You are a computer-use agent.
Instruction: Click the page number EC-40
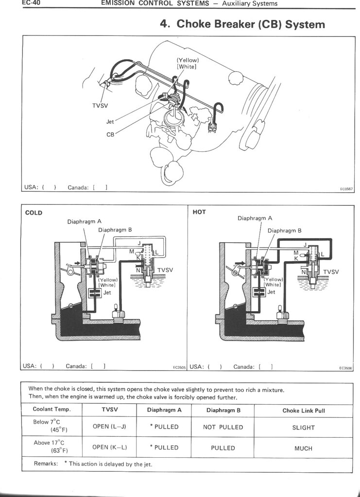click(x=30, y=3)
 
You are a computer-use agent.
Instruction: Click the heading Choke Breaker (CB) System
click(x=242, y=24)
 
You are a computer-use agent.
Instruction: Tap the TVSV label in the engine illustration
click(x=100, y=105)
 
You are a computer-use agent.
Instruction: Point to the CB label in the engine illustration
click(x=110, y=134)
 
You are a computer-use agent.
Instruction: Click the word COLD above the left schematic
click(x=34, y=213)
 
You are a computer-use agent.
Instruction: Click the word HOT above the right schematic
click(x=199, y=212)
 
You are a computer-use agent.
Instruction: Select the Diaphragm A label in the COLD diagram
click(x=84, y=221)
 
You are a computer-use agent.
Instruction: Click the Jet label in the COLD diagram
click(x=107, y=293)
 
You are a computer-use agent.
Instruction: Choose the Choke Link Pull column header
click(x=304, y=411)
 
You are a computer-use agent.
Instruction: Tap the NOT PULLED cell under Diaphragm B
click(x=223, y=427)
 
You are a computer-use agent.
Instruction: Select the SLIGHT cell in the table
click(x=304, y=428)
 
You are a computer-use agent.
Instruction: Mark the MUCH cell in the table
click(x=304, y=448)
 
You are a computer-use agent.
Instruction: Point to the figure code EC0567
click(x=346, y=189)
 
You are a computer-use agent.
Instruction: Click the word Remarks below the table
click(x=47, y=464)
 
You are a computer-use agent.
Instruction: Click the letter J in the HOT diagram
click(x=305, y=245)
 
